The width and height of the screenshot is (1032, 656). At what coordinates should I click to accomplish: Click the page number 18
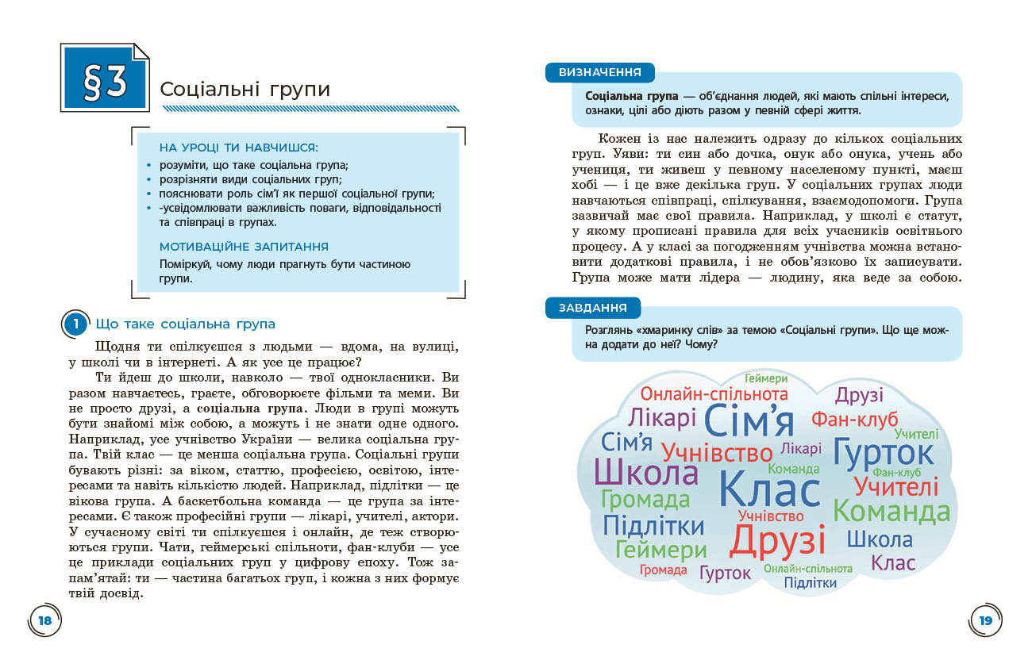[x=45, y=620]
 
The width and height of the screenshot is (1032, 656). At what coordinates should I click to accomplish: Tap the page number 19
[x=986, y=620]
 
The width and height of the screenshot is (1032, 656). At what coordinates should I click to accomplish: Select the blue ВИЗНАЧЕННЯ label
[x=599, y=72]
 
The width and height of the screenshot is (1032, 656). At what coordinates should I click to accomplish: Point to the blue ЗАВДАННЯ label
[x=592, y=308]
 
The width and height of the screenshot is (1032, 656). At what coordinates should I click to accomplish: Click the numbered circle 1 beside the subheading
[x=75, y=324]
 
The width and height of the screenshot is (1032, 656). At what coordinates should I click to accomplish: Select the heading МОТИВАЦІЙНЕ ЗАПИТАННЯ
[x=244, y=247]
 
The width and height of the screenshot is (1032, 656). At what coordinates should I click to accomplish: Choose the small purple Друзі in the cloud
[x=859, y=394]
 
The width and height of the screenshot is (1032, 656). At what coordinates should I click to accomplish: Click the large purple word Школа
[x=645, y=472]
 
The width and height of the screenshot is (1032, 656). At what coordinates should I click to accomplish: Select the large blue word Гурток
[x=884, y=452]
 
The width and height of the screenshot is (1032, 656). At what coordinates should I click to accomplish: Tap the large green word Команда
[x=891, y=512]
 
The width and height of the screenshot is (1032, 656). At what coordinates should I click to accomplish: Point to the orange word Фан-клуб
[x=854, y=419]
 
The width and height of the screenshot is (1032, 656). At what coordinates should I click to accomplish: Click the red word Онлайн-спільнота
[x=714, y=394]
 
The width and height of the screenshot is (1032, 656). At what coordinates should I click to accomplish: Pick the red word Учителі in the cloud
[x=895, y=485]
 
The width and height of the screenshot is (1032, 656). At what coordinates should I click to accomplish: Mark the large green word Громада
[x=645, y=499]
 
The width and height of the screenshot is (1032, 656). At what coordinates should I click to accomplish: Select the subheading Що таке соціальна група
[x=185, y=324]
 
